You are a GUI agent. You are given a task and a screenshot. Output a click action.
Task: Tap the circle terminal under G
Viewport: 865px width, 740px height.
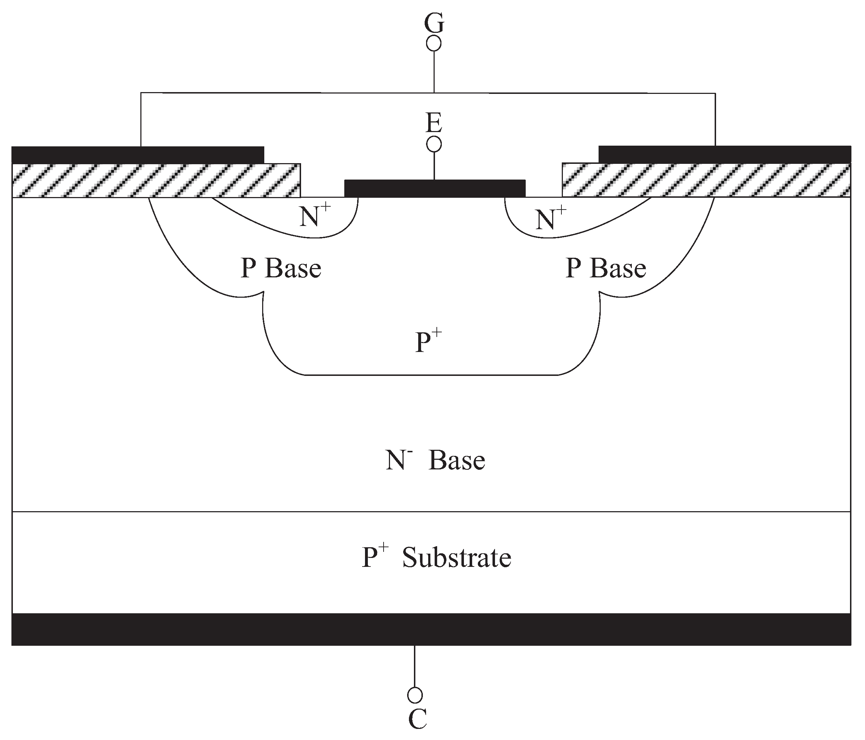[434, 44]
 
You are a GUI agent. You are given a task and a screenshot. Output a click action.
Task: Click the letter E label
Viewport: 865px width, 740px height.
[434, 124]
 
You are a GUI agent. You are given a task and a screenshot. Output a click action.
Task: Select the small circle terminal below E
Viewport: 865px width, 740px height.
[434, 145]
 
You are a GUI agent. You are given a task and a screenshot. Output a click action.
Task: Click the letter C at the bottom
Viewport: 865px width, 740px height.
[417, 719]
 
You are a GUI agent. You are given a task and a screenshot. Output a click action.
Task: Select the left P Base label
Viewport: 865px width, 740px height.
[281, 268]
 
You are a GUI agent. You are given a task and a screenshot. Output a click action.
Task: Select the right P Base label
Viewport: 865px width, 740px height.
[605, 268]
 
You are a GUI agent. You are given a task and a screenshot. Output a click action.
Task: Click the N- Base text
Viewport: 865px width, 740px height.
[435, 460]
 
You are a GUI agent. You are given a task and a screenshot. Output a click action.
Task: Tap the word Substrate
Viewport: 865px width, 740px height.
[456, 558]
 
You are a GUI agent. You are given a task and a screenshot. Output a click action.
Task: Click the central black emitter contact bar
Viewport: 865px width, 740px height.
[435, 188]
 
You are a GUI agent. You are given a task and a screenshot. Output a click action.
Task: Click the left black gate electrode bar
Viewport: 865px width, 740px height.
[138, 155]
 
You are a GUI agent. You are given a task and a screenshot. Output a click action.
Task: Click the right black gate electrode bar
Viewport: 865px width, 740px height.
[724, 154]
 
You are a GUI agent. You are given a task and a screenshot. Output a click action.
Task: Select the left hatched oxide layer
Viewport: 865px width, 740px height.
[156, 180]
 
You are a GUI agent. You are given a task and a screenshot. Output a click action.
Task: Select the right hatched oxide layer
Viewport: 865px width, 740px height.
[705, 180]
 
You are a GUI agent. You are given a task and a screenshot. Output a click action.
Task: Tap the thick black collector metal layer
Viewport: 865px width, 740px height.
[431, 629]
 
